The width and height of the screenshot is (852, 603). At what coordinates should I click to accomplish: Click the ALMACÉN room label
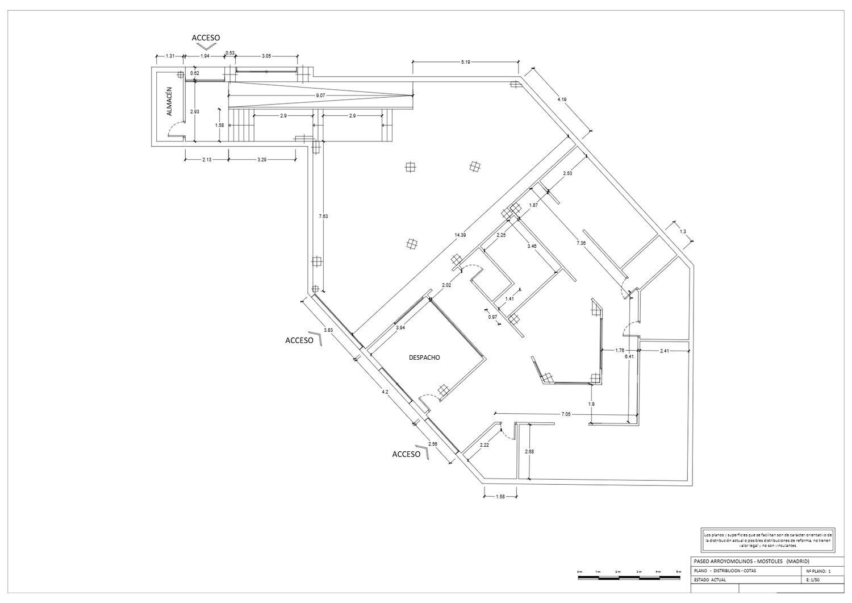coord(169,102)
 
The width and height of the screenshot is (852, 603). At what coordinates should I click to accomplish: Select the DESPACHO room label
coord(424,357)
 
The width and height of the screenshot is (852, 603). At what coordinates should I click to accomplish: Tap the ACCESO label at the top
coord(206,38)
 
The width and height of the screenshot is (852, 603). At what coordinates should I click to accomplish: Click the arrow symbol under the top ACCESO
coord(206,47)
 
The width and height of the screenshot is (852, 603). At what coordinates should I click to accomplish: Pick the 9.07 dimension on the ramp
coord(320,95)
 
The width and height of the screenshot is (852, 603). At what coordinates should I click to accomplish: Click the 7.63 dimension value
coord(323,216)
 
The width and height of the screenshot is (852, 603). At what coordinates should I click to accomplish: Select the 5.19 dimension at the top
coord(465,61)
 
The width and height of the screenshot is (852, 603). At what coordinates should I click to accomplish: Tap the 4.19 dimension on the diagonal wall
coord(562,99)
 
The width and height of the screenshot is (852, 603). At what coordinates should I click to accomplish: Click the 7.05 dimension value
coord(565,414)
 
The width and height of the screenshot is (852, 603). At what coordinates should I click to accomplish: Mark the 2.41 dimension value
coord(665,351)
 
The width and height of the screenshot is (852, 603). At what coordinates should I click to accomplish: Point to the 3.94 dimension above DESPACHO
coord(400,327)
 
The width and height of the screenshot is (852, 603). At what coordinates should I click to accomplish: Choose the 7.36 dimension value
coord(581,243)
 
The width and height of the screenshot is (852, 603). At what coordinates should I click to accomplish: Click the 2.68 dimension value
coord(529,451)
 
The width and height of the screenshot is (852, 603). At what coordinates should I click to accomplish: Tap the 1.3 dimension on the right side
coord(682,231)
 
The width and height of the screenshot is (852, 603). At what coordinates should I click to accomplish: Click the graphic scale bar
coord(628,578)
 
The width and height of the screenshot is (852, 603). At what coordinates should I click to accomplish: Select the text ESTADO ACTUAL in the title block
coord(710,580)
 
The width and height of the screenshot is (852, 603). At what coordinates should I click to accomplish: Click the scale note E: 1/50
coord(814,580)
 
